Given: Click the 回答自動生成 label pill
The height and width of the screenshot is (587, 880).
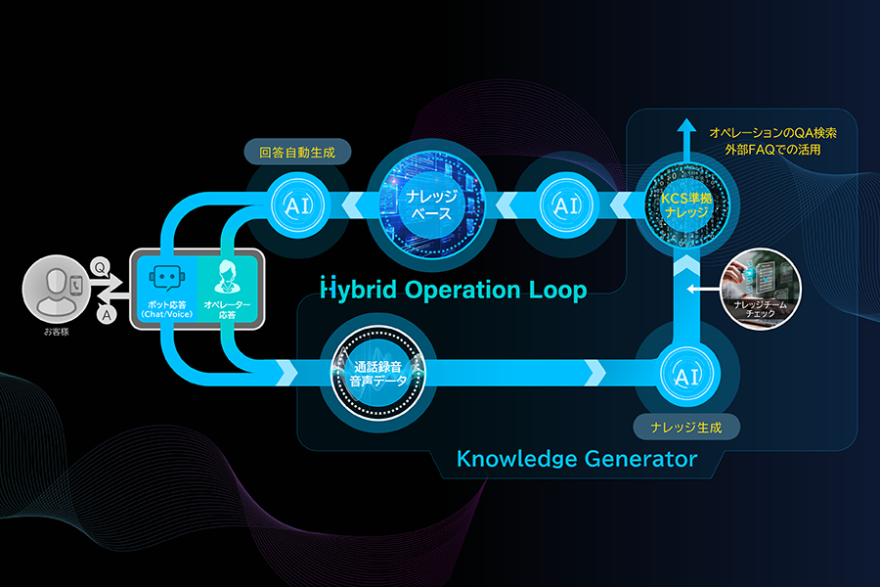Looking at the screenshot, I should pyautogui.click(x=297, y=153).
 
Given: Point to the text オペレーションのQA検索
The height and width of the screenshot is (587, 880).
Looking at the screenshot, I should pyautogui.click(x=772, y=131).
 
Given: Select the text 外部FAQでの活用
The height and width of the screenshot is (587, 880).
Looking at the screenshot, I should pyautogui.click(x=767, y=151).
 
